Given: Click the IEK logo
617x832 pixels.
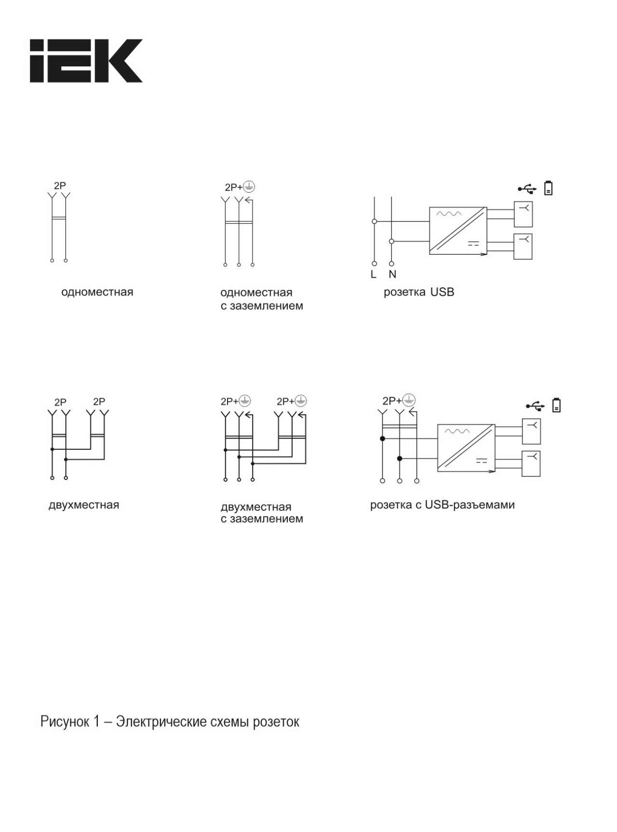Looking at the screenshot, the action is (86, 61).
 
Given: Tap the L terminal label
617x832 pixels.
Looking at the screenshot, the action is (374, 274).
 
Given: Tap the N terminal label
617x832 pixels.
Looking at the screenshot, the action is (392, 274).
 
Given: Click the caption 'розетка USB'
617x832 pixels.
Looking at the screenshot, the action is (419, 292).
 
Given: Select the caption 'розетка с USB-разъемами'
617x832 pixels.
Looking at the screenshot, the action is (443, 505).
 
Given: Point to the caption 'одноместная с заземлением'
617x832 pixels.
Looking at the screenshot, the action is (262, 299).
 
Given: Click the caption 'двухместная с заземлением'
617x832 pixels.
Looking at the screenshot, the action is (262, 513).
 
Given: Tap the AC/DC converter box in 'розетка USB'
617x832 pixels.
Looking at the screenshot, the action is (458, 231).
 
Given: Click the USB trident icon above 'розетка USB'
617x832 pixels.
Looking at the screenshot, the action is (527, 188).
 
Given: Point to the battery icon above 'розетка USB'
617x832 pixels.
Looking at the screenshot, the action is (549, 188).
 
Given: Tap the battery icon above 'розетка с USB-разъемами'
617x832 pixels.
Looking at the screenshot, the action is (557, 405).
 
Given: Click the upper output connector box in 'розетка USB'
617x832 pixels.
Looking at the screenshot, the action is (523, 214).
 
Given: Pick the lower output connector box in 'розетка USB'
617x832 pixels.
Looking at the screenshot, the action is (523, 247).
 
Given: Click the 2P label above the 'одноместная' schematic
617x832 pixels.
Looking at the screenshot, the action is (60, 185).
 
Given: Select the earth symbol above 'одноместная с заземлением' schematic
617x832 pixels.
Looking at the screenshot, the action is (249, 186).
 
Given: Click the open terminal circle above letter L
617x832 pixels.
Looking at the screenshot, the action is (374, 264).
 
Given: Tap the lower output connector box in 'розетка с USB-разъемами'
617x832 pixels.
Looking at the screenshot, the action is (531, 464).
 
